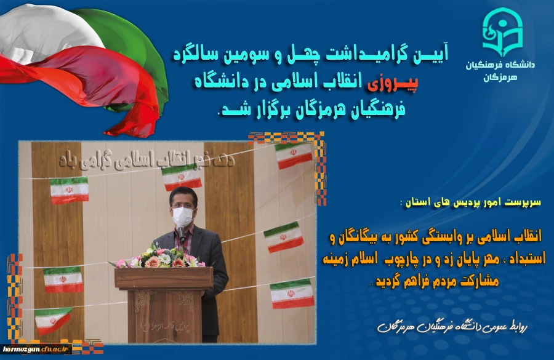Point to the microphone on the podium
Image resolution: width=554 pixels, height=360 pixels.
click(x=181, y=232)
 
